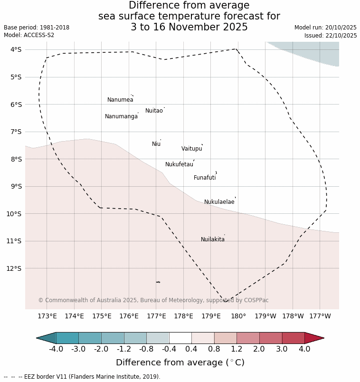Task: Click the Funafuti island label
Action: tap(205, 178)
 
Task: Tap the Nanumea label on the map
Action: tap(120, 100)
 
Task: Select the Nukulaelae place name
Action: tap(219, 202)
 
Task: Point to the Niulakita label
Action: tap(213, 239)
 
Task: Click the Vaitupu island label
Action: tap(192, 149)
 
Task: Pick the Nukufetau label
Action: tap(179, 164)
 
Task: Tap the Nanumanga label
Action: tap(121, 116)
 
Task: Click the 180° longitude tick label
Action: tap(238, 316)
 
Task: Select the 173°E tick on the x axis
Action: tap(47, 316)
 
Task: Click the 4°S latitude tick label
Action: tap(16, 49)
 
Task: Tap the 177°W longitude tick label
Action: tap(320, 316)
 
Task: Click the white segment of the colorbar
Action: tap(180, 338)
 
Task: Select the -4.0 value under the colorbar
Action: tap(56, 349)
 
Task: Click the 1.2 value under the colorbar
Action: tap(237, 349)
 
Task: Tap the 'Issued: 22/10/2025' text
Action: tap(331, 36)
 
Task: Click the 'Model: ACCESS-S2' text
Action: tap(29, 35)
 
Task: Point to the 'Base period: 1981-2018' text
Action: tap(37, 28)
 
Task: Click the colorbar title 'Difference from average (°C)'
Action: tap(180, 363)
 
